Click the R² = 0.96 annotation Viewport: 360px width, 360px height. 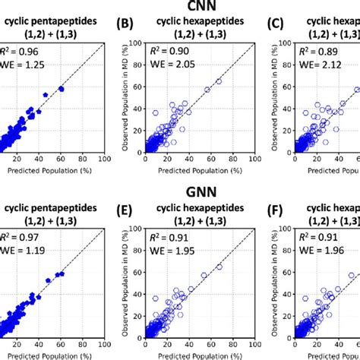[21, 53]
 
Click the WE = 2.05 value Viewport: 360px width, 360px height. [169, 65]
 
